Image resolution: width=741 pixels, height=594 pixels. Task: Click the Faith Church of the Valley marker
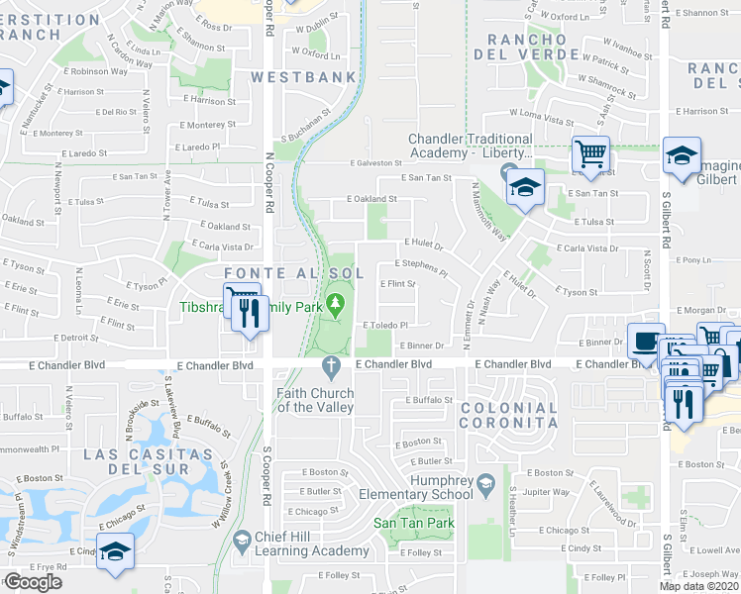334,367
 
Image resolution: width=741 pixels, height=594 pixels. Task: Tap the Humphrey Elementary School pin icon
485,483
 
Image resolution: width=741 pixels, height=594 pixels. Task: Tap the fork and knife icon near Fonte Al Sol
248,313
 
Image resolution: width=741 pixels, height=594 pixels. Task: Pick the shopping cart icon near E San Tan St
589,155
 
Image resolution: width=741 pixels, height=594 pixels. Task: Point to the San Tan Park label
413,523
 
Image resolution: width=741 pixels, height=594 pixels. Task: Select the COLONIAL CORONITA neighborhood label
509,415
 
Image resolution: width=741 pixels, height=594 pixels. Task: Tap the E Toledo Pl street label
385,325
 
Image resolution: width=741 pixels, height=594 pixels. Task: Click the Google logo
33,582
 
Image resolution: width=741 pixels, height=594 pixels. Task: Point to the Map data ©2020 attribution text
699,586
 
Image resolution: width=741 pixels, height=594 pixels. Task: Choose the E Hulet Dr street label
423,244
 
